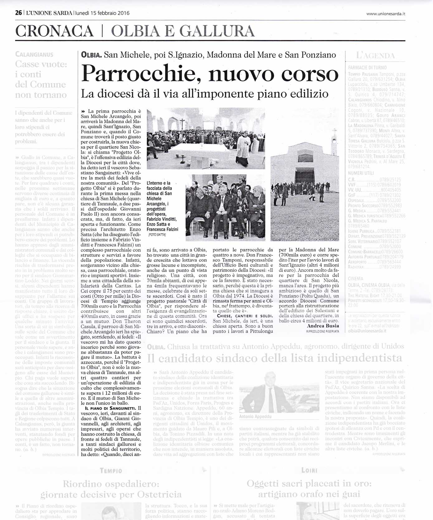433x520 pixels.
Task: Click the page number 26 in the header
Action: coord(18,13)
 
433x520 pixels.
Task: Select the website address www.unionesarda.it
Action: coord(386,13)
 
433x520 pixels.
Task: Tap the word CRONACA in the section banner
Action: coord(54,31)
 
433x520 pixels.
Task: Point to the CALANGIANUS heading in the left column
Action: coord(34,54)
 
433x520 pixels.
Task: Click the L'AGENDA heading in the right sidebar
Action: coord(375,56)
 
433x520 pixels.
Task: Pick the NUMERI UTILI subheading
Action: coord(361,173)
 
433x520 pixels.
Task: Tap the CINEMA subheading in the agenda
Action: coord(355,279)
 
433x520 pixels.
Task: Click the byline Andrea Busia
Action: coord(323,326)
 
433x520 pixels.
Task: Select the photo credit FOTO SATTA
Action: coord(157,235)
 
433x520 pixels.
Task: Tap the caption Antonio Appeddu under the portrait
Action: coord(255,416)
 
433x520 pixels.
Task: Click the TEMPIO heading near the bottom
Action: coord(111,471)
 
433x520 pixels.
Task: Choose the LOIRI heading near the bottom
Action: coord(309,470)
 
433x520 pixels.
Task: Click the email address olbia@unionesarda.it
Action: coord(367,331)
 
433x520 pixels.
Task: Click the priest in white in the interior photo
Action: coord(243,147)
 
